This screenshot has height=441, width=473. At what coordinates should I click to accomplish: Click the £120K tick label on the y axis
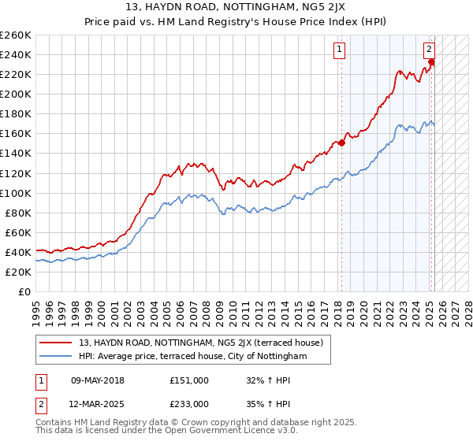[15, 173]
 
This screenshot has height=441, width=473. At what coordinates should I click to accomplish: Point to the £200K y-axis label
[15, 94]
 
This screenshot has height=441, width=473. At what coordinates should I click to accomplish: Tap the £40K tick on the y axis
[17, 252]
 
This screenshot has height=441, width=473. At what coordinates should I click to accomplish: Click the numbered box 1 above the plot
[339, 49]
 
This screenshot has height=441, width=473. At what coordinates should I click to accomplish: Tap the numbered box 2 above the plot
[430, 49]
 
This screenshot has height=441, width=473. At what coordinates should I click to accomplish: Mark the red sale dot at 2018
[342, 142]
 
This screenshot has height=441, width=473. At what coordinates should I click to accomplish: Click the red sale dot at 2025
[432, 62]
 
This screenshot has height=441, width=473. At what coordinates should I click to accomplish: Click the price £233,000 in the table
[188, 403]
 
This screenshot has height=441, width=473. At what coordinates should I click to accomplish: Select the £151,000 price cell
[188, 380]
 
